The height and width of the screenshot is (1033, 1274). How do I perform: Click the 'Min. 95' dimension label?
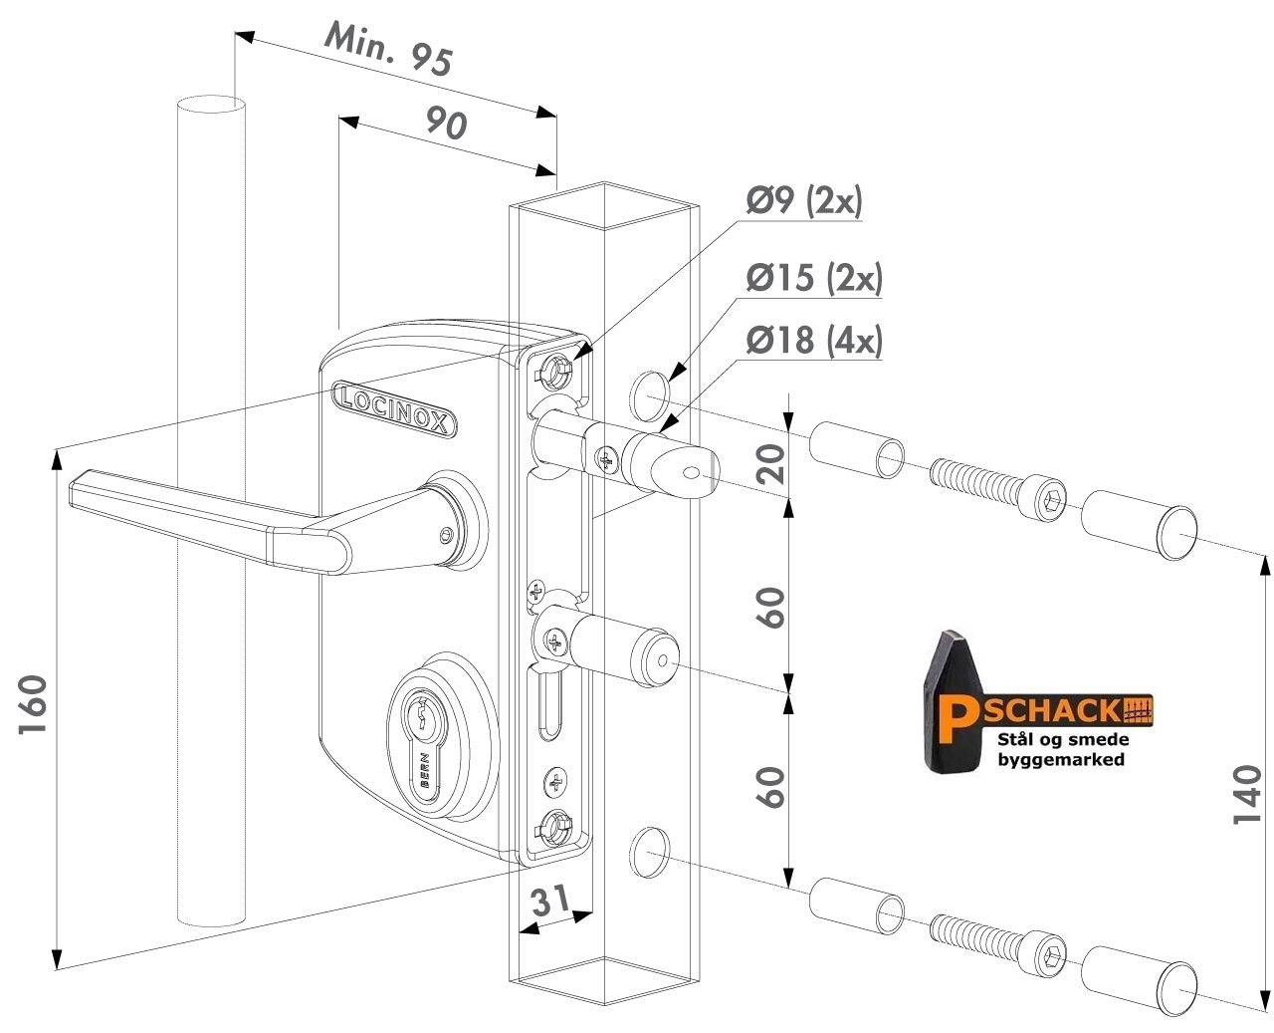[387, 49]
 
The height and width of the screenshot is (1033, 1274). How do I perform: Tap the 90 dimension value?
[446, 124]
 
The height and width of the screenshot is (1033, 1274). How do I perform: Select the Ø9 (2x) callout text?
[804, 200]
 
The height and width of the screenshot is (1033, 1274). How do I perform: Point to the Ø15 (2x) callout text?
[814, 277]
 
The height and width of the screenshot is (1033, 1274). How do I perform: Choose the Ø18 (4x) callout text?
[814, 340]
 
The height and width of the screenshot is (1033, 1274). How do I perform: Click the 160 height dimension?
[33, 705]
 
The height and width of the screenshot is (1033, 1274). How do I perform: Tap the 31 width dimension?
[550, 901]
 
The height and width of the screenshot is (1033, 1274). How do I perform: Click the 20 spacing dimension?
[770, 464]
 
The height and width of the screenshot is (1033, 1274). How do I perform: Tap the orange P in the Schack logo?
[955, 719]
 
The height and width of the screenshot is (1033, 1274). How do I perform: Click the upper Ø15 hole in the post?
[650, 396]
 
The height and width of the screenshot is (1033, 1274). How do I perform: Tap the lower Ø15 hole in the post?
[650, 853]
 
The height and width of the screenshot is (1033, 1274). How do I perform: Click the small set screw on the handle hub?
[444, 535]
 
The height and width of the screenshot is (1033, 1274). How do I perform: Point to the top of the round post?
[211, 104]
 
